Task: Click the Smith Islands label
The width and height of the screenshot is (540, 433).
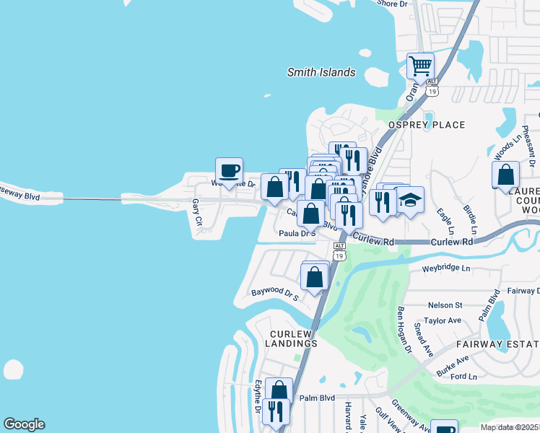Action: click(321, 72)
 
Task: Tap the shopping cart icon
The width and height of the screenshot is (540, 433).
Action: click(420, 66)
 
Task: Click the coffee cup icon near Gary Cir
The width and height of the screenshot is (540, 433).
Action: click(229, 171)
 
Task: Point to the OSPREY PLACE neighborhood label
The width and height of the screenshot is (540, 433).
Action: click(427, 125)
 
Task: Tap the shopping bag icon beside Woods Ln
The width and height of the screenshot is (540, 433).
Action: click(505, 175)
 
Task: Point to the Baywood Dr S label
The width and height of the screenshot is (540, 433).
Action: click(274, 294)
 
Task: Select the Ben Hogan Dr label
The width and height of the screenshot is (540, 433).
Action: click(404, 330)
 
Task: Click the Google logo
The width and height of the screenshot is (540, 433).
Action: click(24, 424)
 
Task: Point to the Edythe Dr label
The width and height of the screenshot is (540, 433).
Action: click(257, 397)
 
